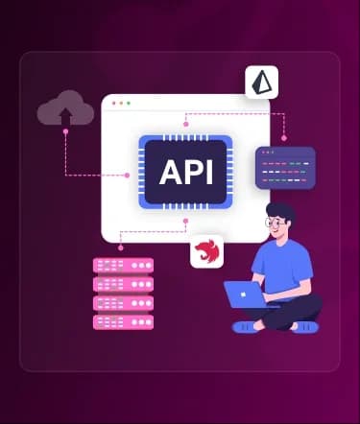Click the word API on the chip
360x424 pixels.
(x=186, y=172)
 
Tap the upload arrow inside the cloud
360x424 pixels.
(x=65, y=116)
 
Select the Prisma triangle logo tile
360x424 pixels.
(x=262, y=82)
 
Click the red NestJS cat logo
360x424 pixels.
(x=206, y=251)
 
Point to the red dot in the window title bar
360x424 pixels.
(x=114, y=104)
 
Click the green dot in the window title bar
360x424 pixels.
(x=129, y=104)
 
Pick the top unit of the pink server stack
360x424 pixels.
(x=123, y=266)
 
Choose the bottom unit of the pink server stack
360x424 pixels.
(x=123, y=322)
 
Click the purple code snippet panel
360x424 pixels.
(x=285, y=168)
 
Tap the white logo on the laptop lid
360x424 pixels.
(x=243, y=294)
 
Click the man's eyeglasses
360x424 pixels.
(x=275, y=223)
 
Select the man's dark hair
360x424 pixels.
(x=280, y=212)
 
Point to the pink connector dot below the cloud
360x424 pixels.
(x=65, y=131)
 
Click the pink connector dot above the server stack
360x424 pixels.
(x=120, y=247)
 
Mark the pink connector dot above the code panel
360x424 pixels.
(x=284, y=138)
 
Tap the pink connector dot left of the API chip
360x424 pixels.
(x=127, y=176)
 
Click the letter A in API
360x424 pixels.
(x=171, y=173)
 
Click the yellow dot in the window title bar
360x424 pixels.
(x=121, y=104)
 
